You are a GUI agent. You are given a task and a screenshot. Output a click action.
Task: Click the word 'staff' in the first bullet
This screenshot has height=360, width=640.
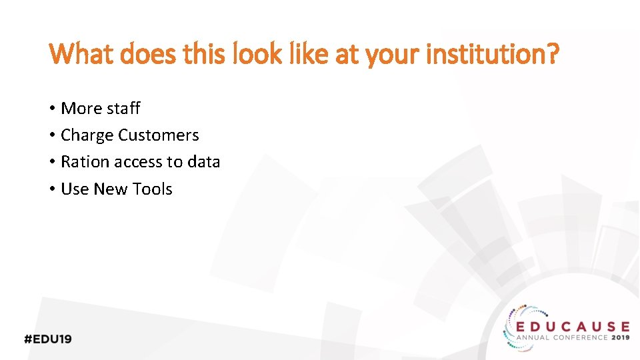(x=124, y=108)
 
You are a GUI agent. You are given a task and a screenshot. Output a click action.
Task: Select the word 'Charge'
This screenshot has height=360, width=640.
(x=87, y=135)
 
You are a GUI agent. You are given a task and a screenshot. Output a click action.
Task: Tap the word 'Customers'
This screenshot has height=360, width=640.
(x=158, y=135)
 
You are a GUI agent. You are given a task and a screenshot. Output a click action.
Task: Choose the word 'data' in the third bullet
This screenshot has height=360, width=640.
(x=203, y=162)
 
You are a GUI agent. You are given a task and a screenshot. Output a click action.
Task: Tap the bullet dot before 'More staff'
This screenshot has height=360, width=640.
(x=52, y=109)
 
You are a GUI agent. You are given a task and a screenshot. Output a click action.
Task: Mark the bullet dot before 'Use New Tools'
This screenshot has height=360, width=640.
(x=52, y=190)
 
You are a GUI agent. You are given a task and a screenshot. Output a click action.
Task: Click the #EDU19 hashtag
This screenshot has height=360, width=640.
(x=48, y=339)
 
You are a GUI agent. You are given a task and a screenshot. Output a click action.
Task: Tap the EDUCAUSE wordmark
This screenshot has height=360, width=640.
(x=573, y=327)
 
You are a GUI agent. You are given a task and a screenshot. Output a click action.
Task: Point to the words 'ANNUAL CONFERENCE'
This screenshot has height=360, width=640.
(x=563, y=338)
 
